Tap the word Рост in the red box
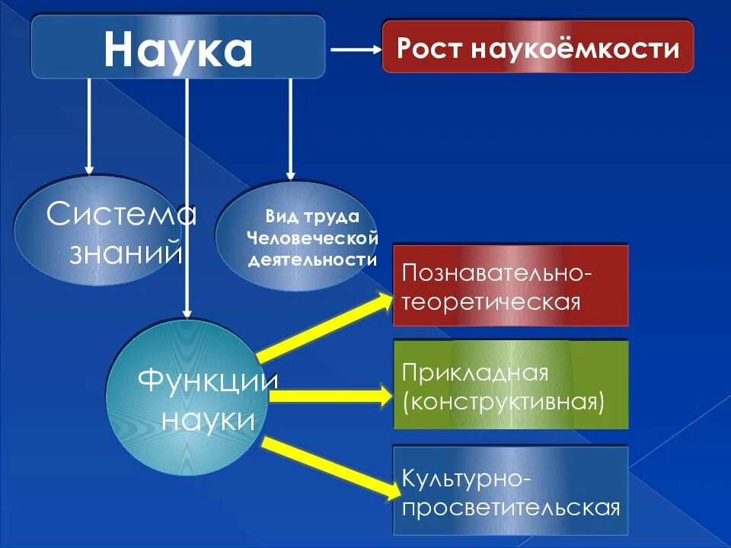click(429, 48)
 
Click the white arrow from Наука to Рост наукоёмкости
click(356, 49)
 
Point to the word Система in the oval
click(121, 215)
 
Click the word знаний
click(126, 252)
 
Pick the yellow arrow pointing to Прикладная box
click(327, 396)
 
